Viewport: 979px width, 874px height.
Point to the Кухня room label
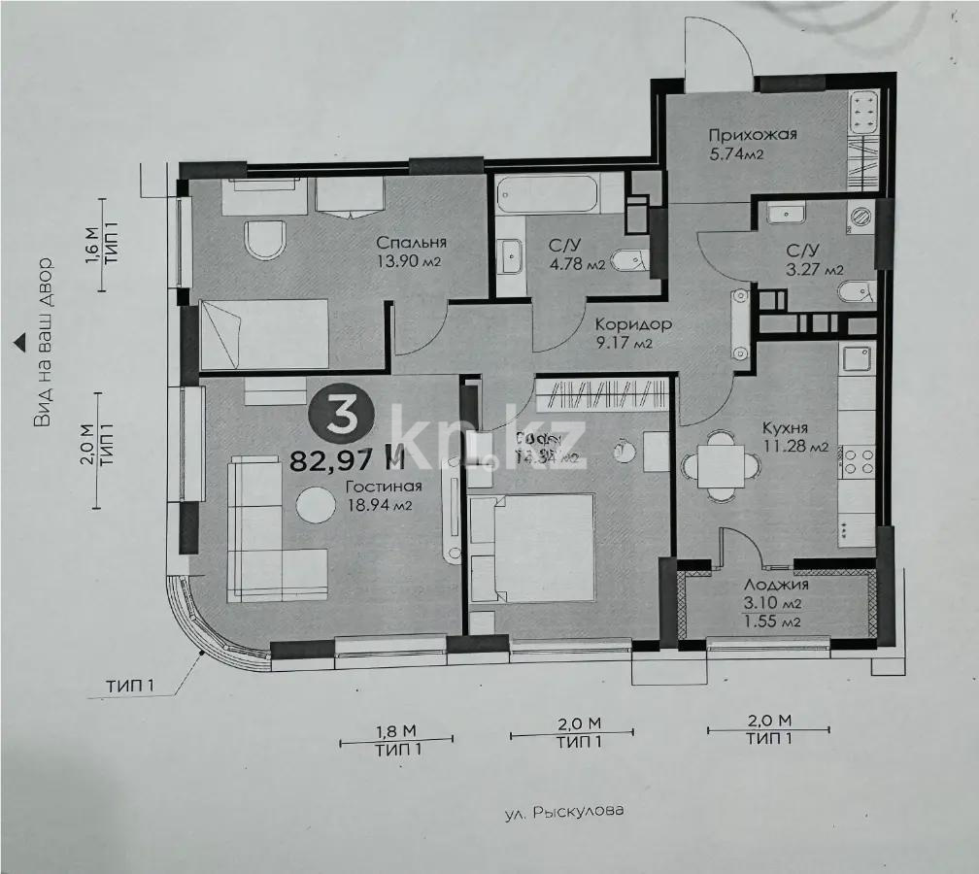pyautogui.click(x=786, y=428)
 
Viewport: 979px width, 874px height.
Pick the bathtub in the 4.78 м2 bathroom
pyautogui.click(x=550, y=194)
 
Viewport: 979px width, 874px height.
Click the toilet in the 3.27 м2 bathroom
pyautogui.click(x=857, y=289)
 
